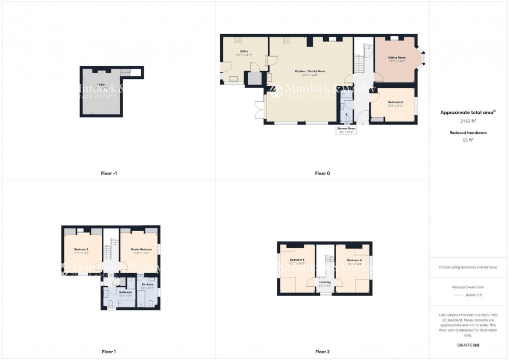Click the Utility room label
244,51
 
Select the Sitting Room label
397,58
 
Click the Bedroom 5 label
395,102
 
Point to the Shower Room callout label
345,128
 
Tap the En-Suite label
147,285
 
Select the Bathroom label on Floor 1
126,292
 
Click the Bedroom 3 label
297,260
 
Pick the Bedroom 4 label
354,260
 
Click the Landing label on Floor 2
325,283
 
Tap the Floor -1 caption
109,173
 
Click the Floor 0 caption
322,173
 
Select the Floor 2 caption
322,352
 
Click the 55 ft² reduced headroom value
468,140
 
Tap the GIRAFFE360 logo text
468,345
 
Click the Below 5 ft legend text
473,295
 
